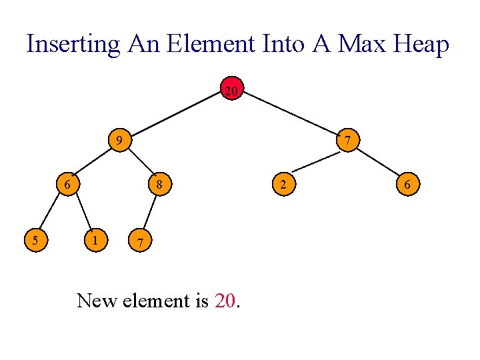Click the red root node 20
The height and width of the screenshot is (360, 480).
pyautogui.click(x=231, y=90)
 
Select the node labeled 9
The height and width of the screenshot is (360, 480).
pyautogui.click(x=119, y=141)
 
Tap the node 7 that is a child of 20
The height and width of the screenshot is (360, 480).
pyautogui.click(x=348, y=141)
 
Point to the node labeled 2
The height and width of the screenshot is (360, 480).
pyautogui.click(x=283, y=184)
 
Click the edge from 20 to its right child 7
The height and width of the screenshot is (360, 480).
pyautogui.click(x=290, y=115)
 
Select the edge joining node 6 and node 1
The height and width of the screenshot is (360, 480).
pyautogui.click(x=83, y=212)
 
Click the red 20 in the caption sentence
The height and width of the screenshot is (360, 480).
pyautogui.click(x=226, y=301)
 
